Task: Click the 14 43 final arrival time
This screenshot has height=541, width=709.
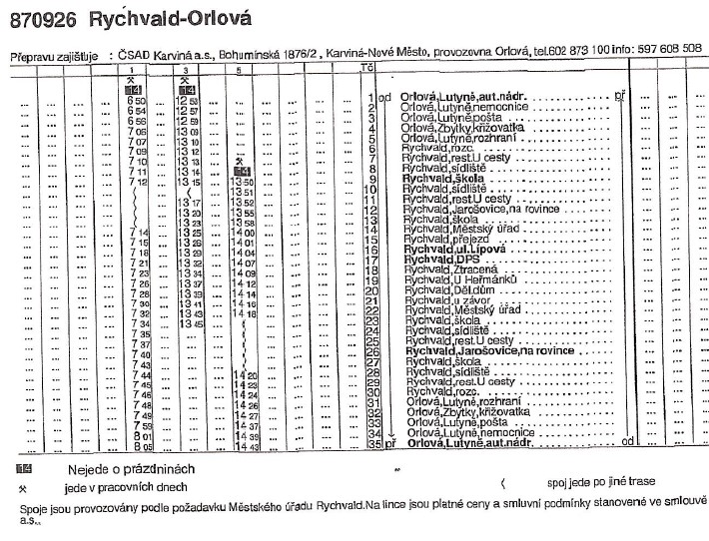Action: coord(245,445)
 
